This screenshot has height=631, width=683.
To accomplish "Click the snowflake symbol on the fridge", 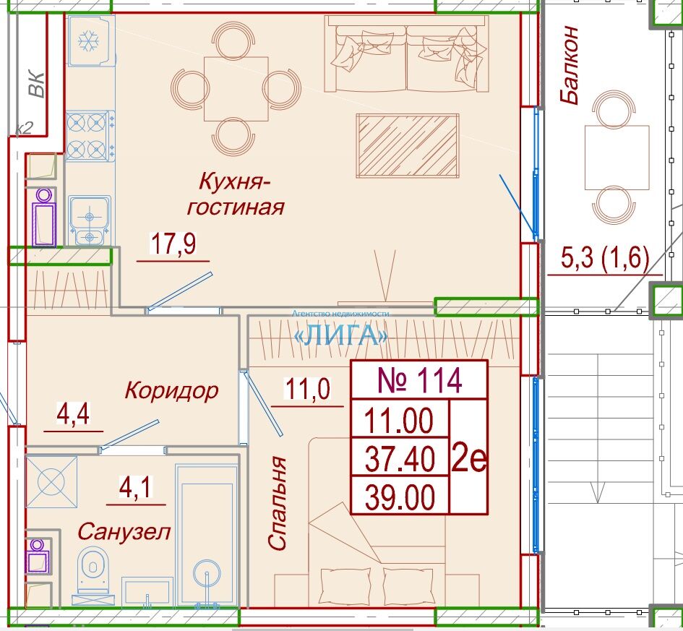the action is point(89,41).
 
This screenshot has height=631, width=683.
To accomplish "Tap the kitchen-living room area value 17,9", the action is point(173,244).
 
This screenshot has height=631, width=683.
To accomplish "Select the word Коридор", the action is point(171,390).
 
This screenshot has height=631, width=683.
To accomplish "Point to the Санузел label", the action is point(124,532).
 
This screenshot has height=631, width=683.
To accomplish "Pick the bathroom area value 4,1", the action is point(136,487).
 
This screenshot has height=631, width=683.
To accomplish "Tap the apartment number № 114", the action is point(419,380).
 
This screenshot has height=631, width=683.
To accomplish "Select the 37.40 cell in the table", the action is point(400,458).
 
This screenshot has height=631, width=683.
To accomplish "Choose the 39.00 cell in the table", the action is point(400,497).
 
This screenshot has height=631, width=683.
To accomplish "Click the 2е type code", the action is point(468,458).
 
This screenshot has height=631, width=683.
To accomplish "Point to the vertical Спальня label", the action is point(277,503).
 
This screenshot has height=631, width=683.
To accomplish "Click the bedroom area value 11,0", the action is point(307,388).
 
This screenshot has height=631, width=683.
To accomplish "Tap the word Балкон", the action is point(570,65).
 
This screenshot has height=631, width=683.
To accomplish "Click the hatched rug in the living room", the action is point(408,146).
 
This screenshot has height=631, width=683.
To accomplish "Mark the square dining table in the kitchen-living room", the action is point(236,89).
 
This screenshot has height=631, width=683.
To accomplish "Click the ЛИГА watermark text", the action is point(341,336).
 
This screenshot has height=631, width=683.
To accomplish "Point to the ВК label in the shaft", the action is point(36,84).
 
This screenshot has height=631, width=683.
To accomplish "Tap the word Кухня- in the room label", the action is point(235,181).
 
